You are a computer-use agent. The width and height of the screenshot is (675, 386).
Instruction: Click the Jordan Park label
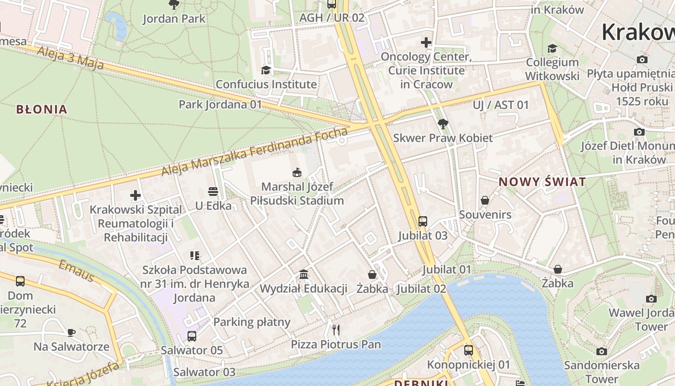174,19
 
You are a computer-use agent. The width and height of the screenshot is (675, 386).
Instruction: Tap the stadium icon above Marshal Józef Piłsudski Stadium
297,172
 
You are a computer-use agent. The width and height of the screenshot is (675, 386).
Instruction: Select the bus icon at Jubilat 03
423,221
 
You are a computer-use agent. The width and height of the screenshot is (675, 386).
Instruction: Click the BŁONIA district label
41,110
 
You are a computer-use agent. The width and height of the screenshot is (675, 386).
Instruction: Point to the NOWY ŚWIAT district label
542,182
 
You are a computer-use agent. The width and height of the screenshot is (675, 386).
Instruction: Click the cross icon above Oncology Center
426,42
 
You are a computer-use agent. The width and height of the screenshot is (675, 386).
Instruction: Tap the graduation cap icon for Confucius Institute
266,70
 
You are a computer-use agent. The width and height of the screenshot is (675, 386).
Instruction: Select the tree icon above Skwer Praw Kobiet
443,124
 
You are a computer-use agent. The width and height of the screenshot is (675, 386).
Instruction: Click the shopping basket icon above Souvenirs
485,200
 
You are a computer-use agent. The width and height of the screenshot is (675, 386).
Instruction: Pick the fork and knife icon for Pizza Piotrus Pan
336,330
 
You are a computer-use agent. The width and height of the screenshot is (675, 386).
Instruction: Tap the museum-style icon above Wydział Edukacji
304,275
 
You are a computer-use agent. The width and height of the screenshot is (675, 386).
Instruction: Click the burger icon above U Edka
213,192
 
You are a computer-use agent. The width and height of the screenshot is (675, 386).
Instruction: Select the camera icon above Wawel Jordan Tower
651,299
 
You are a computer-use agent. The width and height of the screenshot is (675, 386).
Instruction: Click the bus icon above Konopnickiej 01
469,350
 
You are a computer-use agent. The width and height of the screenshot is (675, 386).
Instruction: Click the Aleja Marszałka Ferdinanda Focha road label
254,152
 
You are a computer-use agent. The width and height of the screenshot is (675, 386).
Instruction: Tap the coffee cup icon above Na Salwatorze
71,332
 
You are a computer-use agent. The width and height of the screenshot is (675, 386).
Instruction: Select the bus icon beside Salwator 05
192,336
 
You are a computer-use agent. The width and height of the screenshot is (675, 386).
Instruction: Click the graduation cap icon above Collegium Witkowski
552,48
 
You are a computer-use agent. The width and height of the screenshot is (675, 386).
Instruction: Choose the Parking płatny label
252,322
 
